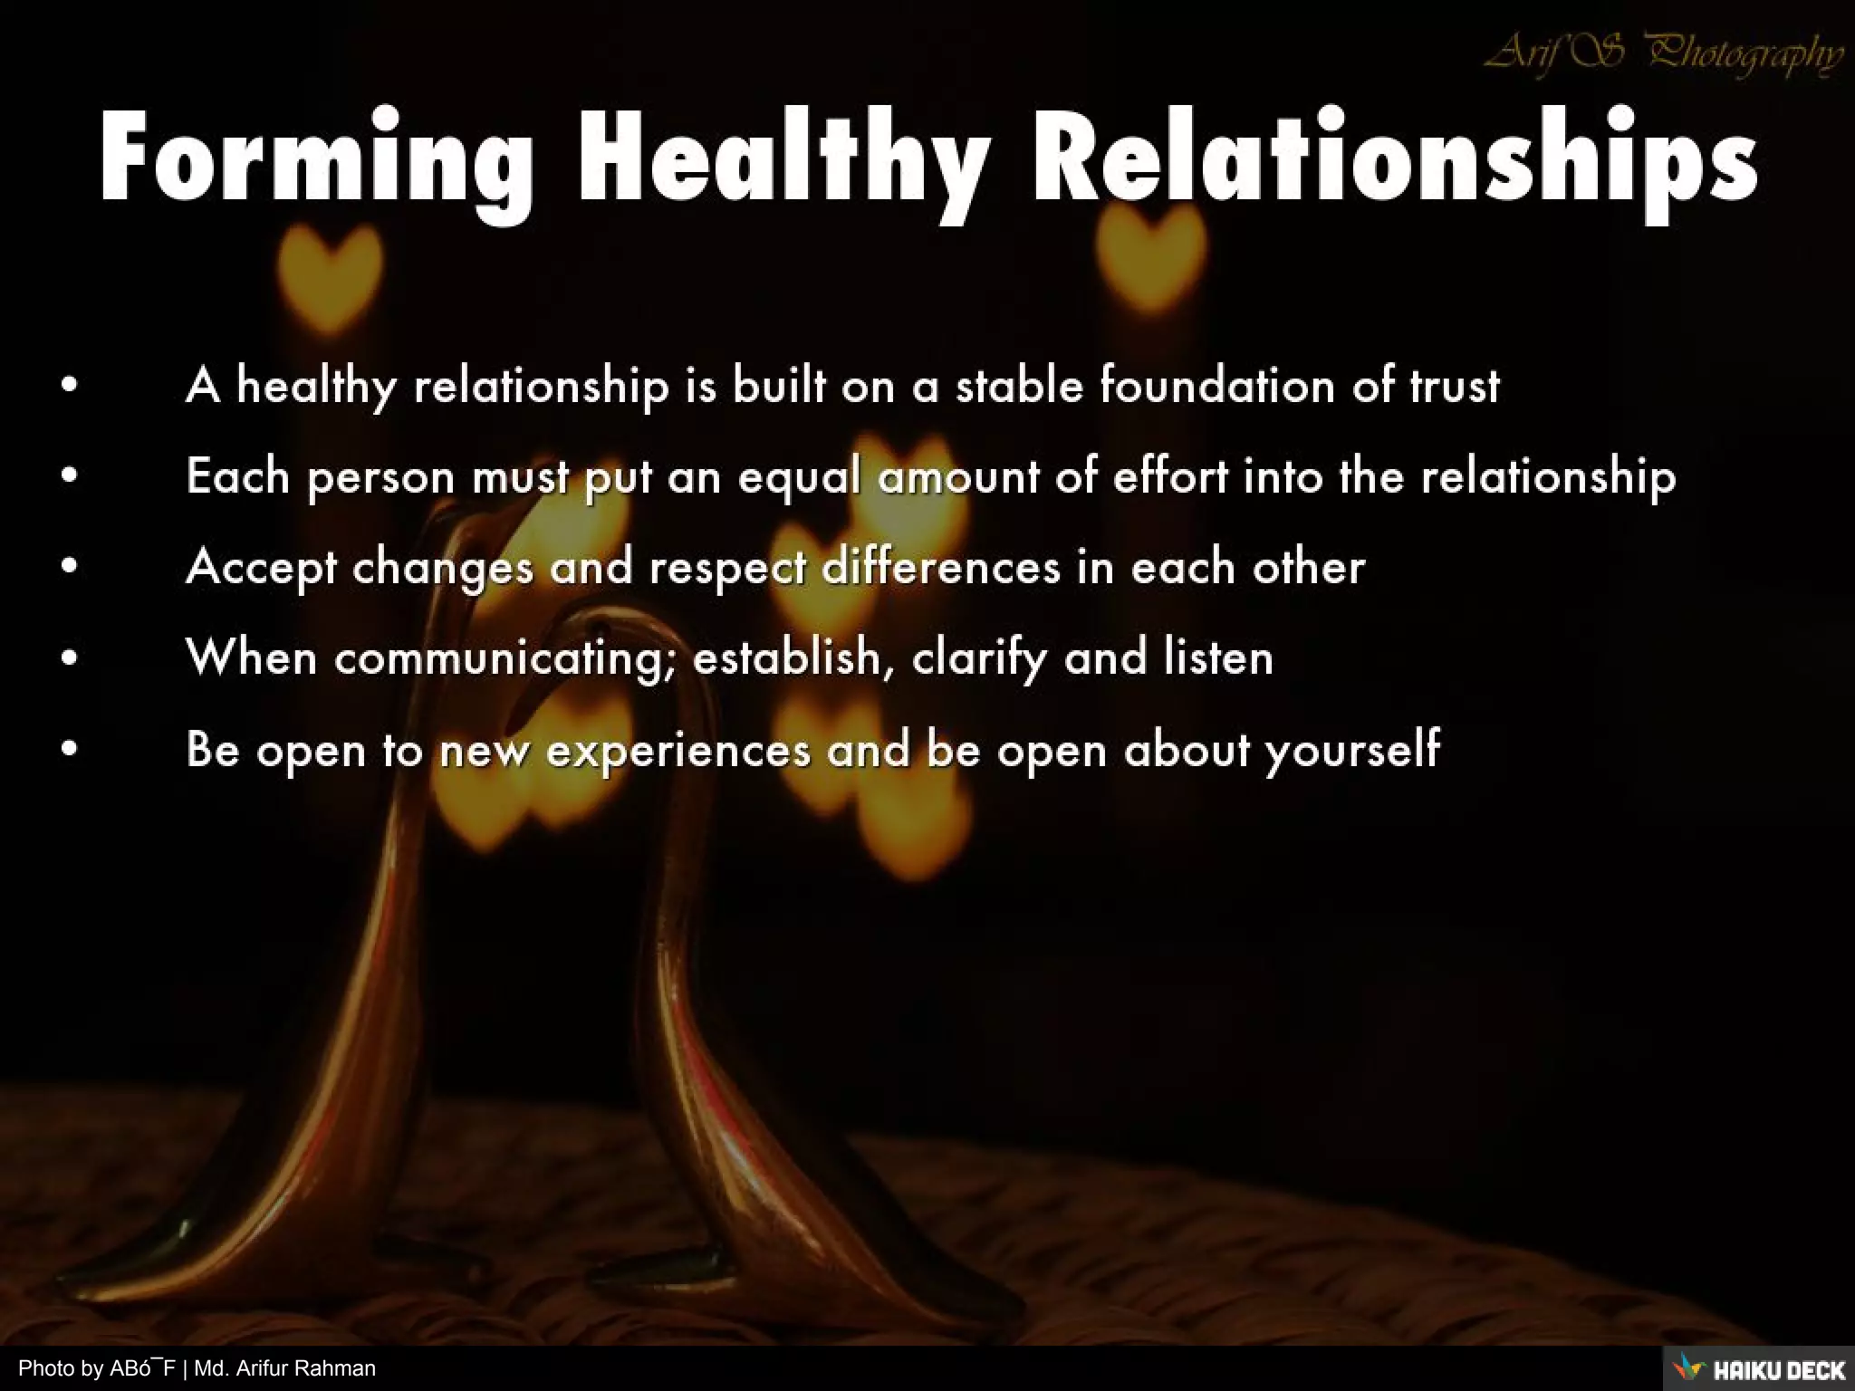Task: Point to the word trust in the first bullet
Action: pyautogui.click(x=1455, y=386)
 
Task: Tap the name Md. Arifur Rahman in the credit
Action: pyautogui.click(x=284, y=1368)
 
